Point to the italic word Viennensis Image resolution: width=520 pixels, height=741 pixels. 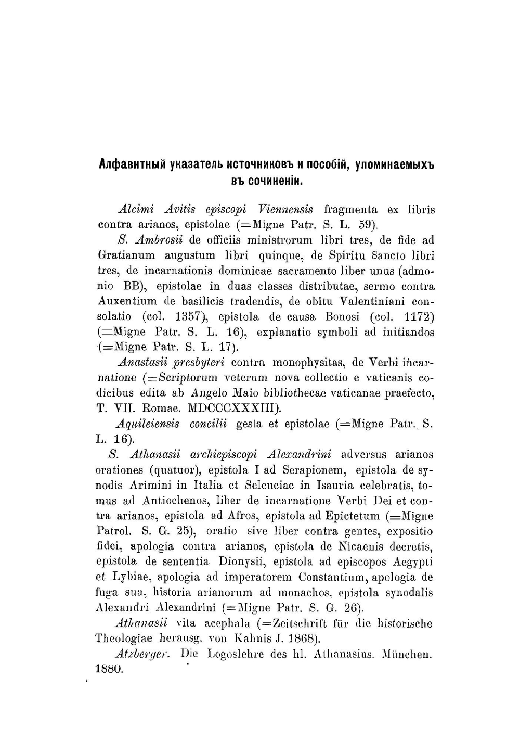click(x=285, y=210)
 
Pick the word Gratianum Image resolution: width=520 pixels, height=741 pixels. click(x=126, y=255)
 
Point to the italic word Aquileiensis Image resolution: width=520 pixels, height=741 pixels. click(x=148, y=424)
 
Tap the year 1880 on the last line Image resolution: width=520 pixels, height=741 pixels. click(x=109, y=669)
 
